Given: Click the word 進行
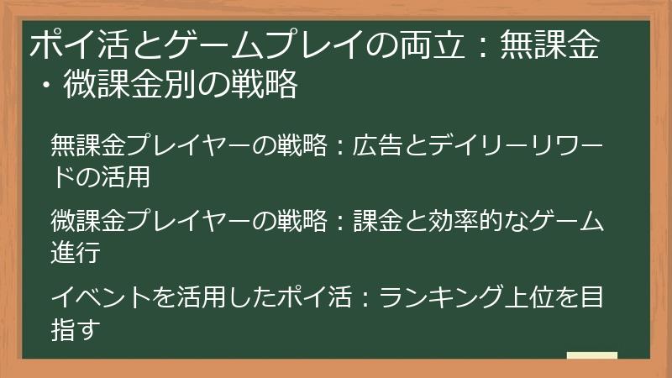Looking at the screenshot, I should click(x=76, y=252).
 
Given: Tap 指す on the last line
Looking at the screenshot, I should click(x=76, y=329).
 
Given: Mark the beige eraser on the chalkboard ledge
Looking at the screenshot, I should click(x=591, y=354).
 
